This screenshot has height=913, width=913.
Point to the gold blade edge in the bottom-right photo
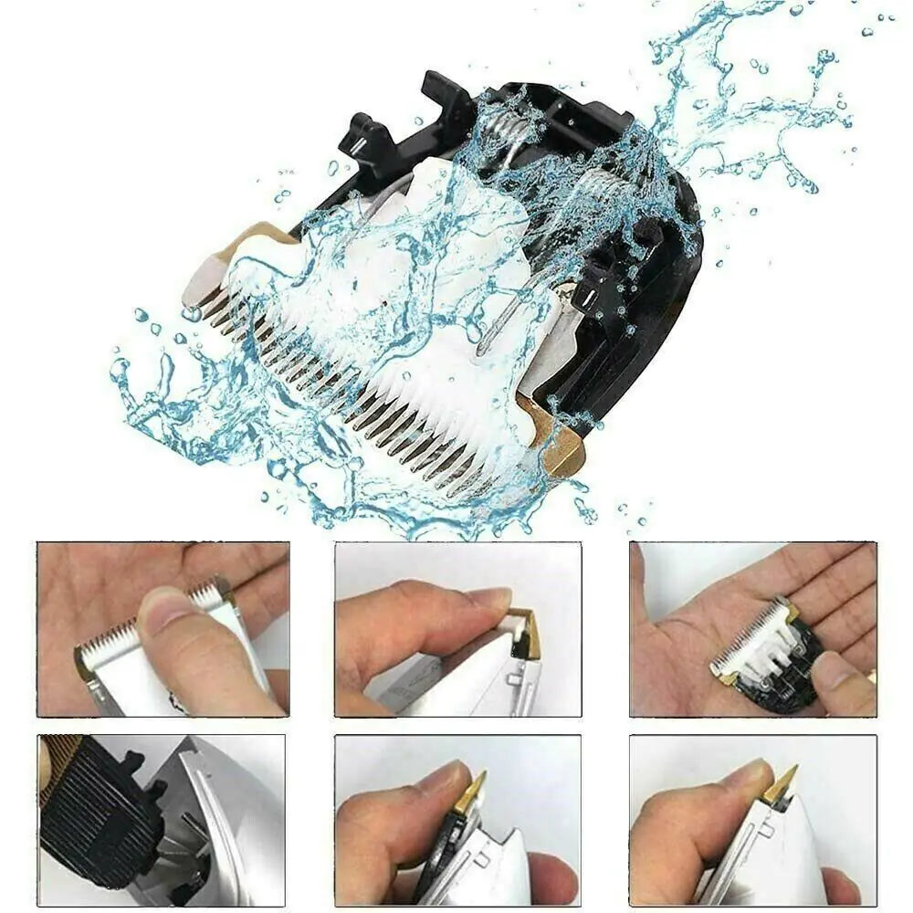click(x=781, y=785)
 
